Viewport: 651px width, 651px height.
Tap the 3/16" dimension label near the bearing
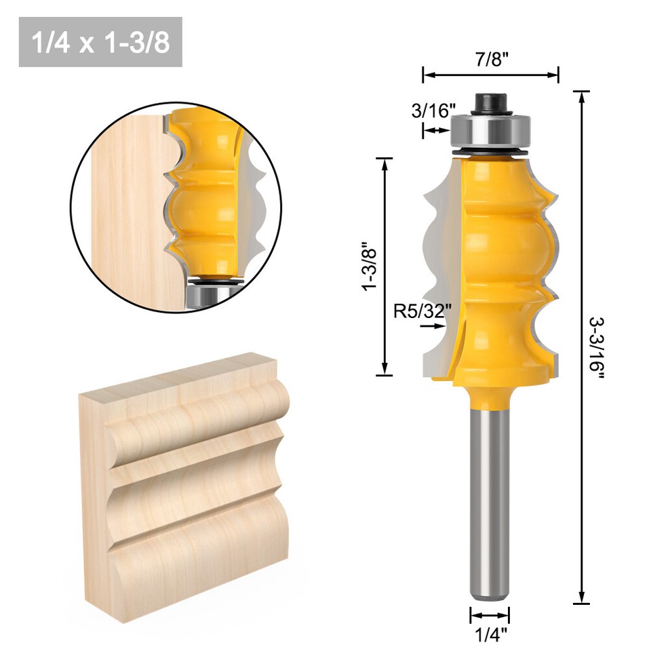pyautogui.click(x=433, y=111)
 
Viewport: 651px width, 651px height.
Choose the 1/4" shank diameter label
pyautogui.click(x=490, y=635)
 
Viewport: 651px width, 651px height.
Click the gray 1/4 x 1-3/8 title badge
pyautogui.click(x=100, y=42)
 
